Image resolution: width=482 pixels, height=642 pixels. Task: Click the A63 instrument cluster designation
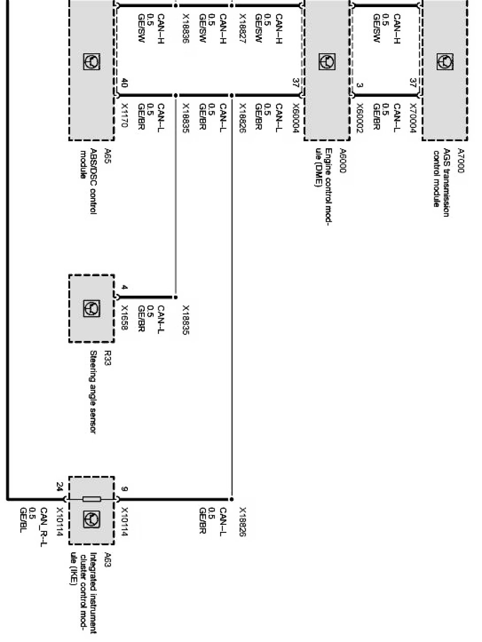click(108, 557)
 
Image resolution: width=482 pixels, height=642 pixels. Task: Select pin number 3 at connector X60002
click(359, 86)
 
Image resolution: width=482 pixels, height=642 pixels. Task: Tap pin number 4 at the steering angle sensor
click(124, 288)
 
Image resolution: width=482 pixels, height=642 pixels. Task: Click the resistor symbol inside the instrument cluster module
click(91, 499)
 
